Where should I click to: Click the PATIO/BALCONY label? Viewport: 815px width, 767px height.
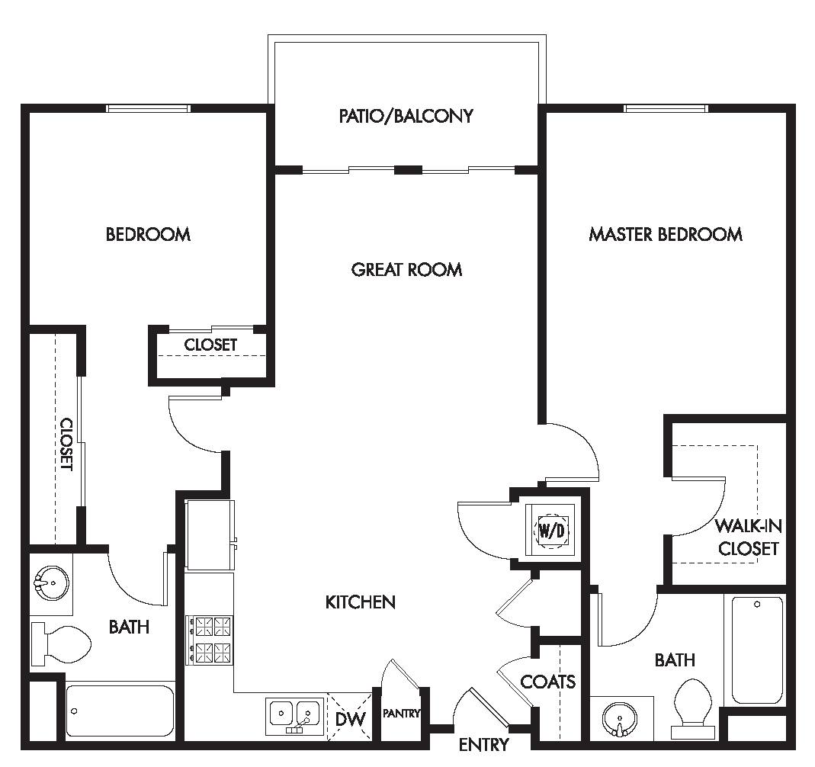[406, 116]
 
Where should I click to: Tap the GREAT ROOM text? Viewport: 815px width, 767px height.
[406, 269]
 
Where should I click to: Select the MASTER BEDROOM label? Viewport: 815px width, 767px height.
[665, 234]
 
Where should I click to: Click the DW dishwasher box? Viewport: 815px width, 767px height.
[350, 718]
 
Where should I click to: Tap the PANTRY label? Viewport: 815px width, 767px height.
[401, 714]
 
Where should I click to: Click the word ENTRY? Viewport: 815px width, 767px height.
[483, 745]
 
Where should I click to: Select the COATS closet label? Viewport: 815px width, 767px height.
[547, 681]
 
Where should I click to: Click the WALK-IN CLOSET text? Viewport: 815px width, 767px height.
[747, 537]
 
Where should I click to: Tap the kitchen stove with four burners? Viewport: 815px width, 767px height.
[210, 640]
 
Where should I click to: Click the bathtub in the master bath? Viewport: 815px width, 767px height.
[756, 650]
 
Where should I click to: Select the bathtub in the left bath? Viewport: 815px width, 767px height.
[120, 711]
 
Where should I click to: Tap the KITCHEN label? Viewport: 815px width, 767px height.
[361, 602]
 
